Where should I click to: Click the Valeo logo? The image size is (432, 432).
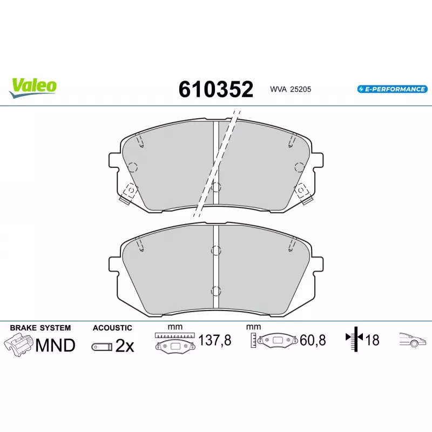click(33, 87)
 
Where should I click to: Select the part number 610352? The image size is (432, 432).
click(215, 89)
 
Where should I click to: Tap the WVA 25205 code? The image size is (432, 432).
click(291, 89)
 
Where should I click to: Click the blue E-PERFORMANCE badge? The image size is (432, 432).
click(393, 89)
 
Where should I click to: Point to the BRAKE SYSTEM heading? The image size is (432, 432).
click(40, 328)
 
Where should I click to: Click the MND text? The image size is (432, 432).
click(56, 345)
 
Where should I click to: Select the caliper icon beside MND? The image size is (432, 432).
click(18, 345)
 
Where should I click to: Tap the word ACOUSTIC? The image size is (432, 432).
click(112, 328)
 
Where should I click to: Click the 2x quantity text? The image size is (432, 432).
click(125, 346)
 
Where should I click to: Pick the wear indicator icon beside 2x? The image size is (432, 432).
click(102, 347)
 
